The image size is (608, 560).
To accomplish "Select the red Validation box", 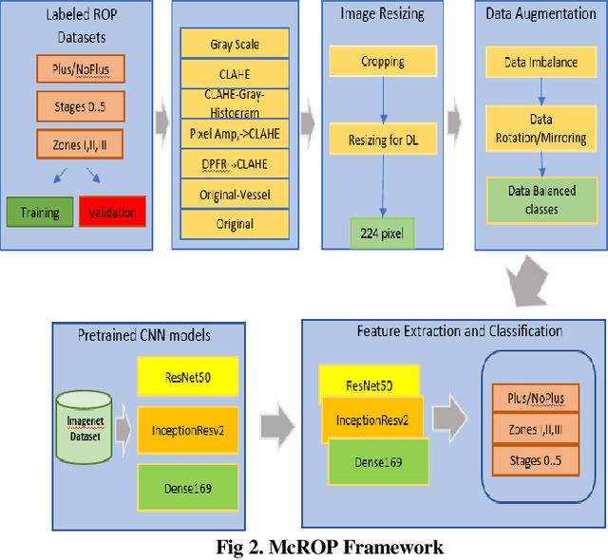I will click(x=112, y=213).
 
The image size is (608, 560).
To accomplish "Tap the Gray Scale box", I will click(x=234, y=45).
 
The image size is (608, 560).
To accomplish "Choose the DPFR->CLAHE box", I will click(x=234, y=162).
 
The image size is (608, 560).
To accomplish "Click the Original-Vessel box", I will click(x=234, y=193).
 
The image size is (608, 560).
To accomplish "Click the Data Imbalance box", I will click(x=540, y=62).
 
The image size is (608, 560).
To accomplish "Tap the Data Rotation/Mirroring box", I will click(x=540, y=129).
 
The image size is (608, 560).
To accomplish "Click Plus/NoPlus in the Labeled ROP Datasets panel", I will click(x=81, y=69).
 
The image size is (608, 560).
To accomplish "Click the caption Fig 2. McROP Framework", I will click(x=329, y=547).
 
